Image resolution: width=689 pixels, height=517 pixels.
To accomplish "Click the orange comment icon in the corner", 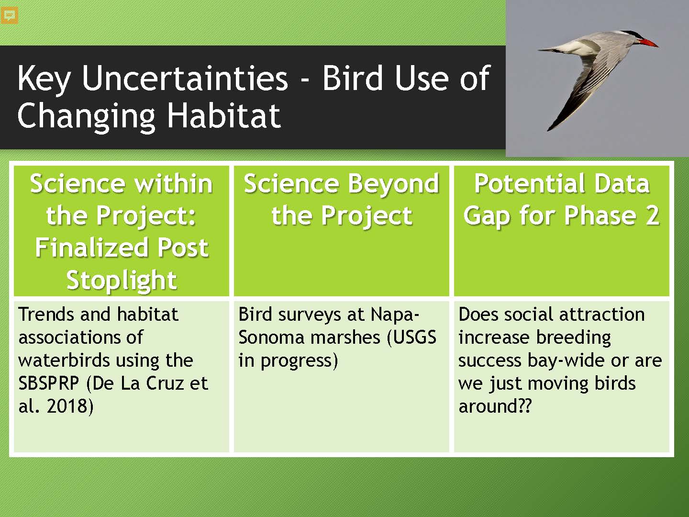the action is click(x=10, y=15).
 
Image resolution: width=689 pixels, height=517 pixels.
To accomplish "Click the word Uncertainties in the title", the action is click(x=185, y=78).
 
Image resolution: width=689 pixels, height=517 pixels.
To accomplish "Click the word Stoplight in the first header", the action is click(x=122, y=280).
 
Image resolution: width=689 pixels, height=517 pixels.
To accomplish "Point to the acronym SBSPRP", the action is click(x=48, y=383).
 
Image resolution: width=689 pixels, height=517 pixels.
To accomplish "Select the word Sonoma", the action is click(x=271, y=337).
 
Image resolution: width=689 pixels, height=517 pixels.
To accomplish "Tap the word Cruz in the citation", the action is click(x=166, y=383).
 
